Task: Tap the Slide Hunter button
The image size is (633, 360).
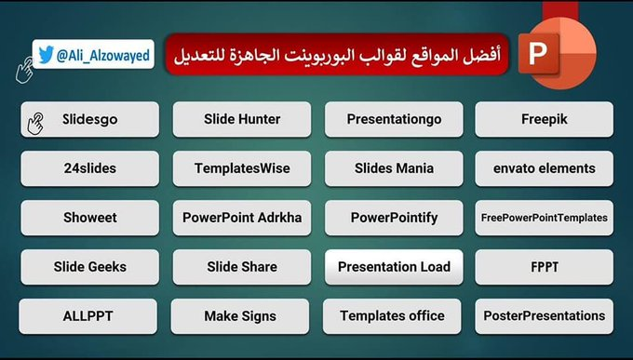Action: (x=242, y=119)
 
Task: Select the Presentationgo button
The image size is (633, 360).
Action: (x=394, y=119)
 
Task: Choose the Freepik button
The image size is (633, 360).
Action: (x=545, y=119)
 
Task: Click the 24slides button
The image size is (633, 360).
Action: (x=90, y=168)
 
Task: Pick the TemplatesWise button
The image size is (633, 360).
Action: (x=242, y=168)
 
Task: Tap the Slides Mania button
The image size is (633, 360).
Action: (x=394, y=168)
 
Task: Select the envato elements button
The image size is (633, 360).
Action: (x=545, y=168)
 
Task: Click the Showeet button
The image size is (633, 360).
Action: (x=90, y=218)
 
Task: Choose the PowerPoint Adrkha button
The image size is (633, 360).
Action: (x=242, y=218)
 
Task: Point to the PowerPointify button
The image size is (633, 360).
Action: (x=394, y=218)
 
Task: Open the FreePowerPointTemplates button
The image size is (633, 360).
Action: (x=545, y=218)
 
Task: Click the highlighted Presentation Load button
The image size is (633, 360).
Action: (x=394, y=267)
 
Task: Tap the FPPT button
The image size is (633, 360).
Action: (x=545, y=267)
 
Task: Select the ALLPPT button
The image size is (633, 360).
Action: (x=90, y=316)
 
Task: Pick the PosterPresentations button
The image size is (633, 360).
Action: (x=545, y=316)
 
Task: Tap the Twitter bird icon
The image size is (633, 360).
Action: (x=46, y=55)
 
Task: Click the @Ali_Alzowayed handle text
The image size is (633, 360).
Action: (x=102, y=55)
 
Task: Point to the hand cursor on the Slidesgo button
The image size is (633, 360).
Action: (x=38, y=121)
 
